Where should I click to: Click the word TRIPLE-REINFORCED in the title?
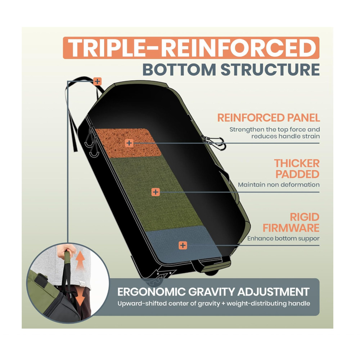[192, 48]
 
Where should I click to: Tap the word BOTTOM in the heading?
[179, 69]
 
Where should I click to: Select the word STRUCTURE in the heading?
[270, 69]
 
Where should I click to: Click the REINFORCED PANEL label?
[269, 118]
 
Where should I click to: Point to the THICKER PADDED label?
[297, 169]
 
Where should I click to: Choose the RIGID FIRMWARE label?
[291, 222]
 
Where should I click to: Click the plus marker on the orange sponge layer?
[129, 143]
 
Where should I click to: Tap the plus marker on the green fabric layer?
[156, 192]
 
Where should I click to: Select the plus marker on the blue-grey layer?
[183, 246]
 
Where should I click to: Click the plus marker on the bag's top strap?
[97, 81]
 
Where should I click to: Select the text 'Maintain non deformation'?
[279, 185]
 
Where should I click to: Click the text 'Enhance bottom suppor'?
[283, 239]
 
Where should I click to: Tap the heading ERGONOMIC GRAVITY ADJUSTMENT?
[213, 292]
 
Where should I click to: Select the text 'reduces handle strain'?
[285, 136]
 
